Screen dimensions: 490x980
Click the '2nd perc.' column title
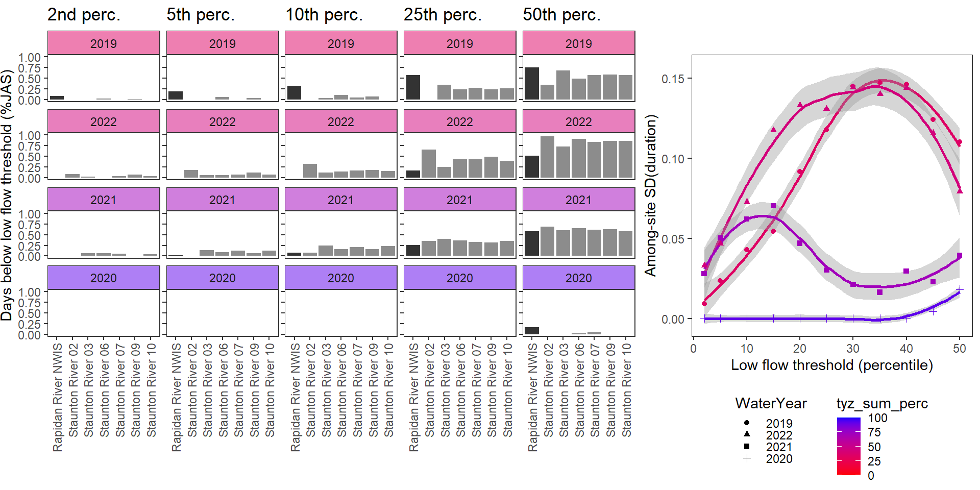coord(84,15)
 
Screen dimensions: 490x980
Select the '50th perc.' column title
coord(561,15)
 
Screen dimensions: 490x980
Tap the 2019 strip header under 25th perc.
coord(459,43)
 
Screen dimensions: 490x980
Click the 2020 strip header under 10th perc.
coord(340,278)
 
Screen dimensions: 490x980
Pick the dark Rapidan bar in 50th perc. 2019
coord(532,84)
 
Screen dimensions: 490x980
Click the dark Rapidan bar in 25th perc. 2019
coord(413,87)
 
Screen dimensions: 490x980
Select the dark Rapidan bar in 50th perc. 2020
coord(532,331)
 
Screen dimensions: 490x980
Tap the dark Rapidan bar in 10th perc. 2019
coord(294,93)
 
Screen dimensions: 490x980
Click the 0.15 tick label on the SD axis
coord(673,79)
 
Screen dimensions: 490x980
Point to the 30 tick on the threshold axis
coord(853,348)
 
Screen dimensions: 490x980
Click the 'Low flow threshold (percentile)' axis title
coord(832,365)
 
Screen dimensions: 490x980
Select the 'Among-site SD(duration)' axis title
coord(650,195)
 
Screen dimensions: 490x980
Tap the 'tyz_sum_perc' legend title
coord(882,404)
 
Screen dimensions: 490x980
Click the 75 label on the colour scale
coord(874,433)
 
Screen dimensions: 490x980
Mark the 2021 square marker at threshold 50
coord(960,256)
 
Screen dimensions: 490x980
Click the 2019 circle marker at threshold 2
coord(704,304)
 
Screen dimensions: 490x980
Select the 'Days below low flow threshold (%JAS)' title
coord(7,195)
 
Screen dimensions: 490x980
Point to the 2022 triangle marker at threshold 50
coord(960,191)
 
